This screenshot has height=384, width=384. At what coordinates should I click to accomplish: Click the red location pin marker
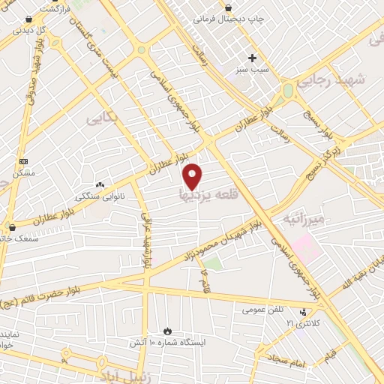point(193,176)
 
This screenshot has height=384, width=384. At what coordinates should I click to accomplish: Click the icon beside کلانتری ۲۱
point(303,312)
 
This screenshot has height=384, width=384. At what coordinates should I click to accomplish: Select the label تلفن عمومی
point(263,309)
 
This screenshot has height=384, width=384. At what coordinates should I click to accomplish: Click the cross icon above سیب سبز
point(253,58)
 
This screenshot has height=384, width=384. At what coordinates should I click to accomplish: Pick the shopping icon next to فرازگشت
point(28,19)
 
